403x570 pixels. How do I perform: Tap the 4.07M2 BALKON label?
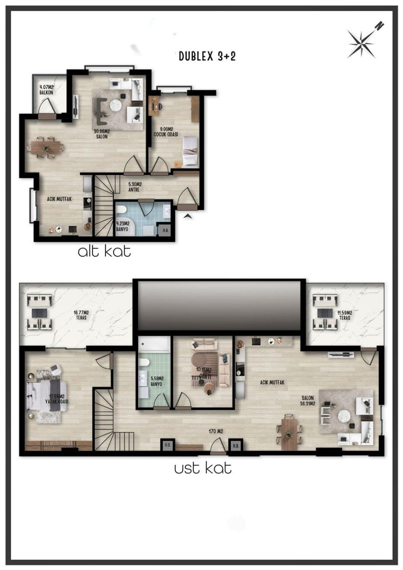(47, 90)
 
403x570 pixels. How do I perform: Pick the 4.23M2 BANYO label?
(122, 226)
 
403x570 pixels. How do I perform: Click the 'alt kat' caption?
(104, 252)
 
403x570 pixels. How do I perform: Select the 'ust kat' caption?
(203, 468)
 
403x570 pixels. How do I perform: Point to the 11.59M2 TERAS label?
(344, 315)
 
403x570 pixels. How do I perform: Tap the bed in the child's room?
(190, 151)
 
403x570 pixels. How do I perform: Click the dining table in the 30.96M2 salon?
(45, 147)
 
